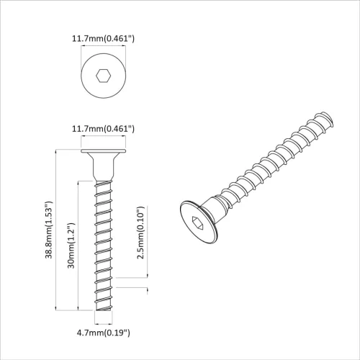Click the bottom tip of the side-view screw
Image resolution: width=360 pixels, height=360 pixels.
(104, 310)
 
